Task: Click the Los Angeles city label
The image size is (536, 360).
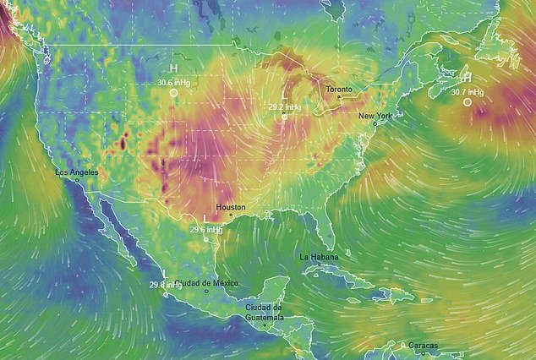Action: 76,172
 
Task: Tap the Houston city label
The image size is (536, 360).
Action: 231,206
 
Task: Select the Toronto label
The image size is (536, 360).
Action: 341,88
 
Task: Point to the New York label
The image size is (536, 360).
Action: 375,115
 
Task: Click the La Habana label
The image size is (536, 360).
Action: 319,256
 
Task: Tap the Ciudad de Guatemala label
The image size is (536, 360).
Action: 264,312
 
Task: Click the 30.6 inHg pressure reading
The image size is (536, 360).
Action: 172,82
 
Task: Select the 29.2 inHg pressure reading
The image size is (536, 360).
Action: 284,107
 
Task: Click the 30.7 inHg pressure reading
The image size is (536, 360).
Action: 468,91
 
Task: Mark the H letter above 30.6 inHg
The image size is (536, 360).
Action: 173,68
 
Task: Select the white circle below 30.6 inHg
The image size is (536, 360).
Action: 173,93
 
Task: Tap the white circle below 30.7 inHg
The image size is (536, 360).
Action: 468,102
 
